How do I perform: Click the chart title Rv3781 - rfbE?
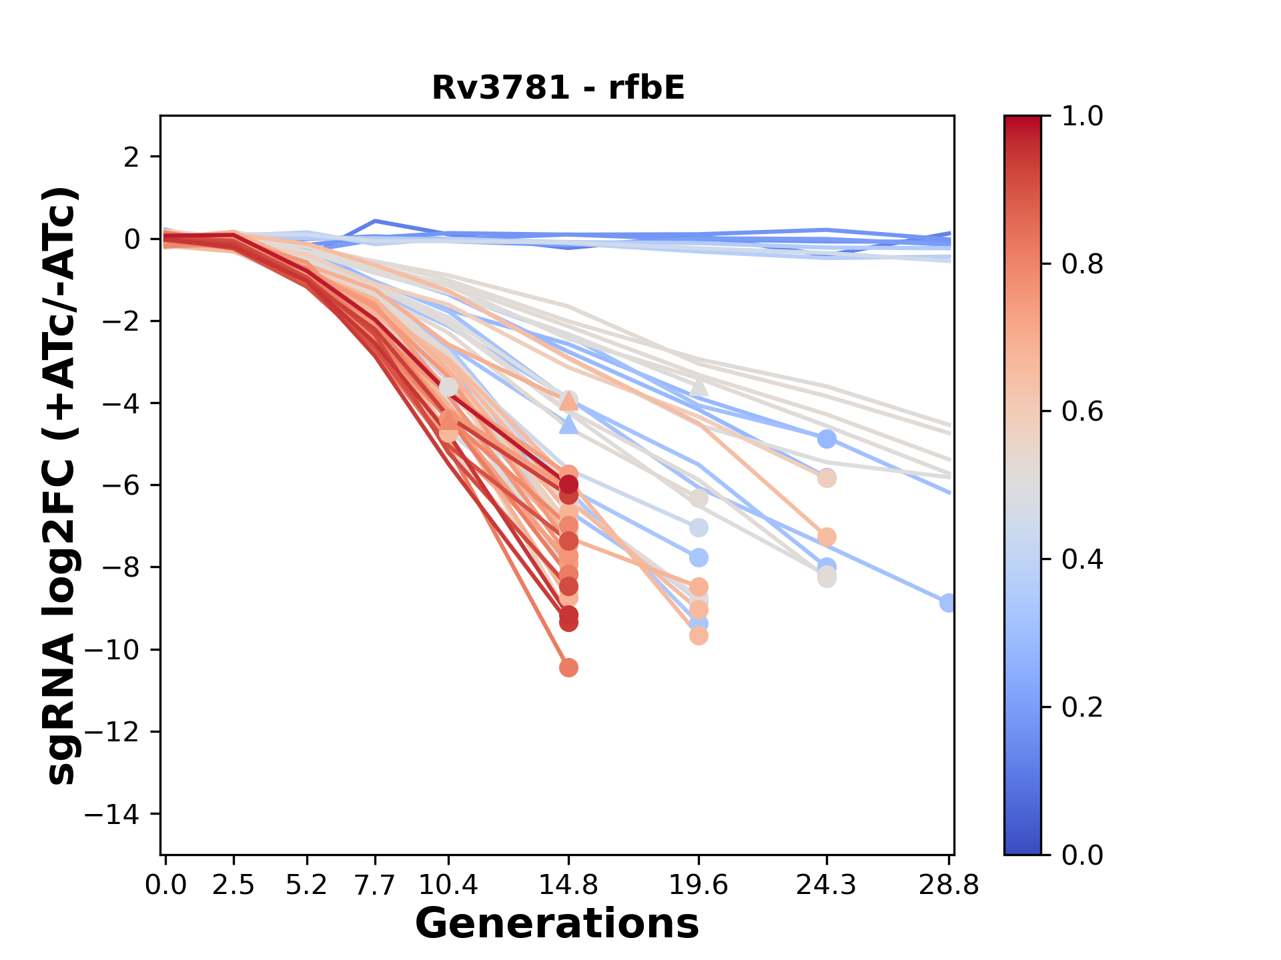[558, 88]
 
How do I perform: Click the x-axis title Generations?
[557, 924]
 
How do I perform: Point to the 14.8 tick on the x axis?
[568, 885]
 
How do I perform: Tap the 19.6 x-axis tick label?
[698, 885]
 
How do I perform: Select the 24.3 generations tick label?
[826, 885]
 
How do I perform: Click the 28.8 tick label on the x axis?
[948, 885]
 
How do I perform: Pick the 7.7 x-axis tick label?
[376, 885]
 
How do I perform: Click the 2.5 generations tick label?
[234, 885]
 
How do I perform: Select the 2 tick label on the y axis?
[132, 157]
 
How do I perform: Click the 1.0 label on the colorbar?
[1082, 117]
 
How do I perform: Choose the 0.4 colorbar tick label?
[1082, 559]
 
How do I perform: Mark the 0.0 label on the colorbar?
[1082, 855]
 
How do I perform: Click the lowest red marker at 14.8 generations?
[568, 667]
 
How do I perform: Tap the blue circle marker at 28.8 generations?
[947, 603]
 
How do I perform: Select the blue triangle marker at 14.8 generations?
[568, 425]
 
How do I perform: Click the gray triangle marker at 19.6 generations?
[699, 387]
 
